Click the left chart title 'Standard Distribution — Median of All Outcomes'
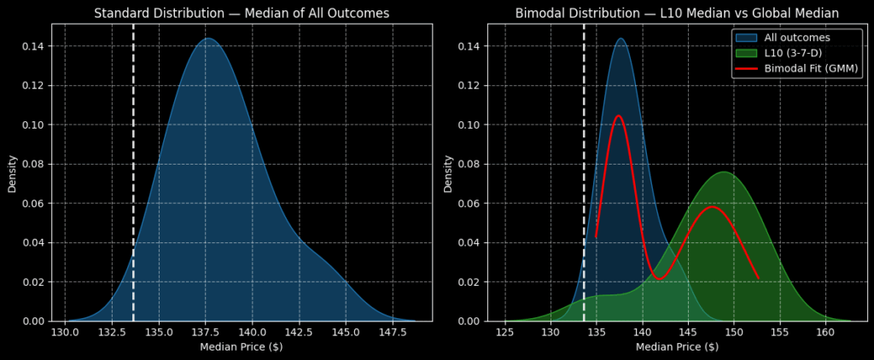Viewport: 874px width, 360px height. click(242, 13)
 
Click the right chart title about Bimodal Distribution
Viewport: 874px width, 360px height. click(677, 13)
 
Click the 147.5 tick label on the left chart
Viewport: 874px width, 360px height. click(393, 333)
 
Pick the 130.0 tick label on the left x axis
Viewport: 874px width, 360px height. click(66, 333)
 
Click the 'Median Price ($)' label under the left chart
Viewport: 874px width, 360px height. click(242, 347)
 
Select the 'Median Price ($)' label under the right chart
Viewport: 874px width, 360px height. click(677, 347)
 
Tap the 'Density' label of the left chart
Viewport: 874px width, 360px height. click(13, 172)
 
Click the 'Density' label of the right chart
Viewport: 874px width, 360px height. click(448, 172)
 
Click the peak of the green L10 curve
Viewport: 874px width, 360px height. click(724, 172)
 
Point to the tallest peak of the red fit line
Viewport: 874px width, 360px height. click(618, 116)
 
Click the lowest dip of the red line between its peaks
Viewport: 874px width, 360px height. click(659, 278)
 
